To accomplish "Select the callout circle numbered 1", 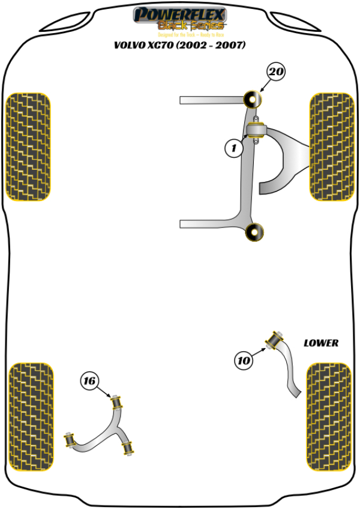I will pyautogui.click(x=235, y=148).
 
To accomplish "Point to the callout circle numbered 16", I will pyautogui.click(x=89, y=381).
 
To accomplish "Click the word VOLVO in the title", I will pyautogui.click(x=129, y=45).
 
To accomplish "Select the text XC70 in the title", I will pyautogui.click(x=161, y=45).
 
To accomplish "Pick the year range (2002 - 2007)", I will pyautogui.click(x=211, y=45).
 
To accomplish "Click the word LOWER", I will pyautogui.click(x=320, y=343).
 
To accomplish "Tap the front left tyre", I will pyautogui.click(x=28, y=146).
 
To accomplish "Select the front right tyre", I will pyautogui.click(x=330, y=146).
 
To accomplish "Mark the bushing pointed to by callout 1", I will pyautogui.click(x=257, y=130).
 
